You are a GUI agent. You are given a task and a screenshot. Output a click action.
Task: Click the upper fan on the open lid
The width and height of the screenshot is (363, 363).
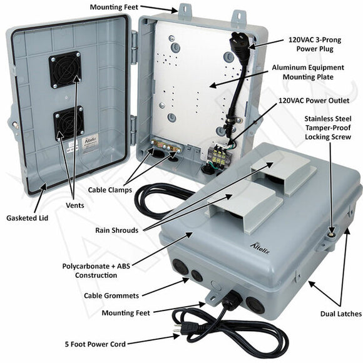65,69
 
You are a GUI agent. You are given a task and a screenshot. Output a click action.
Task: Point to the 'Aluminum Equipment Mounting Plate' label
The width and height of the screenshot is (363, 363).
308,73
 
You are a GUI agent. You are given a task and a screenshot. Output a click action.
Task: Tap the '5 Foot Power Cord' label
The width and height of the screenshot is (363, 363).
95,343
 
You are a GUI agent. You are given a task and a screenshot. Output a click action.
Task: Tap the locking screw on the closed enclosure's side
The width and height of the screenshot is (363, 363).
329,235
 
